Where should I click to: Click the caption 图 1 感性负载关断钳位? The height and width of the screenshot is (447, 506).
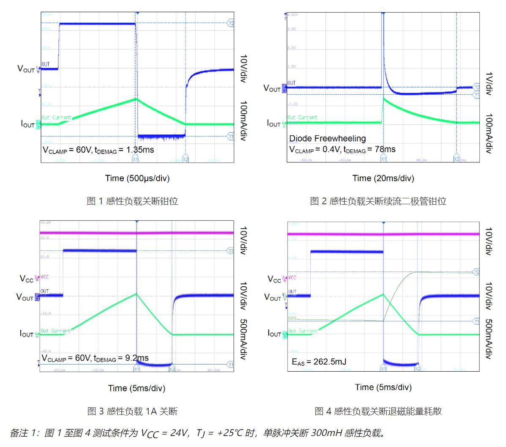[132, 201]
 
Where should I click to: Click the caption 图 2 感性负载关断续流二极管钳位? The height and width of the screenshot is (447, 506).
[378, 201]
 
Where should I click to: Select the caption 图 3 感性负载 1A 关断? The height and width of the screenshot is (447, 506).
[132, 411]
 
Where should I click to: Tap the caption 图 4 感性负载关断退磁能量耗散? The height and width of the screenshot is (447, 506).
[378, 411]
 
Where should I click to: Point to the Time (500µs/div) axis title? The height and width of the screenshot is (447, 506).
[137, 178]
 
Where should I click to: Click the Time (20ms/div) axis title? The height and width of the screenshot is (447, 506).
[383, 178]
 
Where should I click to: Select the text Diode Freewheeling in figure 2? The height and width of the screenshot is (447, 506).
[327, 139]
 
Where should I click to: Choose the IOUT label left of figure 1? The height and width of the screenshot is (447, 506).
[28, 124]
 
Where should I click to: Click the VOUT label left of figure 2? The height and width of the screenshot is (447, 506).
[272, 88]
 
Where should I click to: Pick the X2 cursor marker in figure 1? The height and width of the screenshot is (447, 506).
[185, 159]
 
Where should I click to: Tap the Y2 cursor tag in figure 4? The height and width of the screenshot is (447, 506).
[476, 272]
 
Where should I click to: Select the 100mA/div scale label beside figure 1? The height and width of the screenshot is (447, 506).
[243, 121]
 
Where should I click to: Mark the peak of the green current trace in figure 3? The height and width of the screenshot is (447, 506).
[137, 294]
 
